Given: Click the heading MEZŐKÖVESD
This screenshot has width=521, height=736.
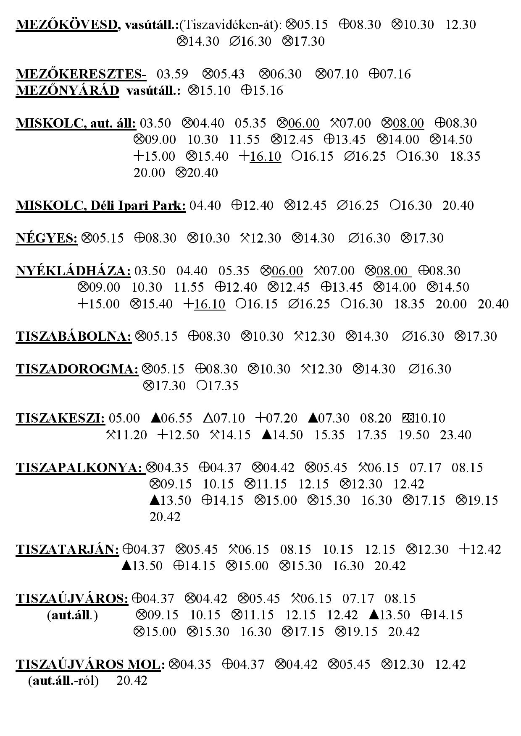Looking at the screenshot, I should (67, 25).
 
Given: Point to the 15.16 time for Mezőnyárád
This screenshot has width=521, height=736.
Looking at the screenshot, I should (268, 91).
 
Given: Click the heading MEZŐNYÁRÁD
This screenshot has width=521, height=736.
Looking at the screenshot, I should (68, 91).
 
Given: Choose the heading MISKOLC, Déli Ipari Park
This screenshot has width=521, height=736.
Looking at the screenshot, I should (101, 206).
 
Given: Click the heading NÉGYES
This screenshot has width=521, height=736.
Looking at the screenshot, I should (47, 238).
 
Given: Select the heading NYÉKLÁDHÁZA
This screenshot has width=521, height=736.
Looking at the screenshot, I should (74, 271).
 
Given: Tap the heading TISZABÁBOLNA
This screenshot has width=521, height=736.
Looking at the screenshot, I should (74, 337).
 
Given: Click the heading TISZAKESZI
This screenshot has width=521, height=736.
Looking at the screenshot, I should (61, 418).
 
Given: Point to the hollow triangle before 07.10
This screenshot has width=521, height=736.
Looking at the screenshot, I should (208, 418).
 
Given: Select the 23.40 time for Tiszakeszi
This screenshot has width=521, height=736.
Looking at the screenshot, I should (455, 435).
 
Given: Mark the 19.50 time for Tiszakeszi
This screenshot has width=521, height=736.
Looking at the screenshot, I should (413, 435).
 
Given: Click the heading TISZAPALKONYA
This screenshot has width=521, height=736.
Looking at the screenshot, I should (80, 467).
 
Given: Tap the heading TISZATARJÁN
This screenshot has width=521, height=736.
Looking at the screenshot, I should (68, 549).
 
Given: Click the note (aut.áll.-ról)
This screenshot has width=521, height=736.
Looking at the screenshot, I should (63, 681).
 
